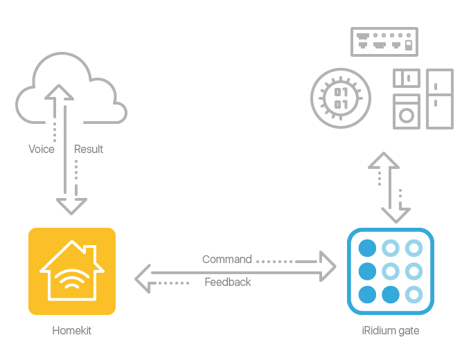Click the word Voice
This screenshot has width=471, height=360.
click(41, 149)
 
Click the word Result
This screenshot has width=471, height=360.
click(89, 149)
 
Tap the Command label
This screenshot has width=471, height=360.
click(226, 260)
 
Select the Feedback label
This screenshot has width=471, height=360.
click(228, 282)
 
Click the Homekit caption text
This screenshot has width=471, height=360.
click(71, 331)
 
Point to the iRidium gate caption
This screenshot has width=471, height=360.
click(390, 331)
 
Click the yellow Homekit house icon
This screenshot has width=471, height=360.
click(71, 271)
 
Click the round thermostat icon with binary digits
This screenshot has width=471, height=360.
click(341, 98)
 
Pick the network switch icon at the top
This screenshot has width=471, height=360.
click(384, 42)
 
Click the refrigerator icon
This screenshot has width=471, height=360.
click(439, 98)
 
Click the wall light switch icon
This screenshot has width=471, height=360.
click(406, 78)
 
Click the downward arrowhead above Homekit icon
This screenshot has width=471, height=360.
click(71, 205)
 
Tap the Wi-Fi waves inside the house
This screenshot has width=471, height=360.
click(71, 278)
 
